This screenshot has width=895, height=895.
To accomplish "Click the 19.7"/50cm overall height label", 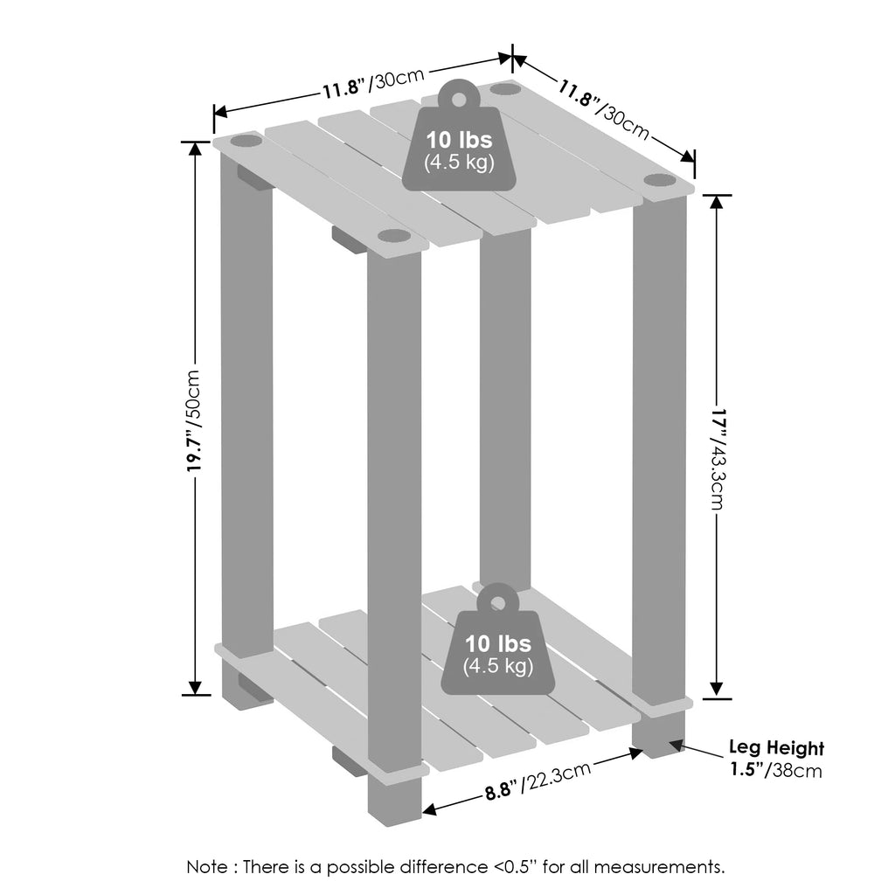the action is (x=194, y=420).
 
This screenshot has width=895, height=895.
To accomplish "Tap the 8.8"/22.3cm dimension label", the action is (x=538, y=781).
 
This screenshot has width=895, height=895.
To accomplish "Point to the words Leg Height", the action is (x=776, y=748).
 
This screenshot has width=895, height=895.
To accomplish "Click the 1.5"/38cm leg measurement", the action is (x=776, y=770).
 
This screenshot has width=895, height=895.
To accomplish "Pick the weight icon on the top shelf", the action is (x=459, y=135).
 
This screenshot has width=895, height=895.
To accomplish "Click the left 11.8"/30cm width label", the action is (x=374, y=83).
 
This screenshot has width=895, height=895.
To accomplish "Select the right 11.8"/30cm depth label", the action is (x=604, y=110).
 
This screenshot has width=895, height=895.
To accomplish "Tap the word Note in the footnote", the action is (x=206, y=867).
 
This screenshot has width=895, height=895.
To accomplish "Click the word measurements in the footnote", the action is (x=659, y=867).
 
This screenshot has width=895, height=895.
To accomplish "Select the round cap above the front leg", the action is (x=393, y=235).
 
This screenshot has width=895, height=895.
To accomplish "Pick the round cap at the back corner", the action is (x=505, y=90).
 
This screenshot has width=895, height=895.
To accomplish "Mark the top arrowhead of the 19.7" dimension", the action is (x=195, y=148).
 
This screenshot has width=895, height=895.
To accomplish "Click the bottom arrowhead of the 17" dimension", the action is (x=717, y=690).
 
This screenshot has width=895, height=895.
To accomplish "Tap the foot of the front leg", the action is (x=394, y=801).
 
